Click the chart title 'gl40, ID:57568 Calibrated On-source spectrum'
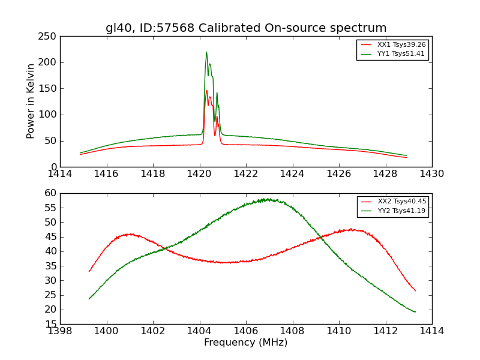point(246,28)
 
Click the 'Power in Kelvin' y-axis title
point(31,101)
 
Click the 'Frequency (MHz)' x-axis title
point(245,343)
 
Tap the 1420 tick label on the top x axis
point(199,173)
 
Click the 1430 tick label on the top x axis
point(432,173)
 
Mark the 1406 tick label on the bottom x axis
point(245,331)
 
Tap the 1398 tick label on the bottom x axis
point(60,331)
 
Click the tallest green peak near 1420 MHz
point(206,52)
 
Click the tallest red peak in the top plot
point(206,91)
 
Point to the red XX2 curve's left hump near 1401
point(130,234)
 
